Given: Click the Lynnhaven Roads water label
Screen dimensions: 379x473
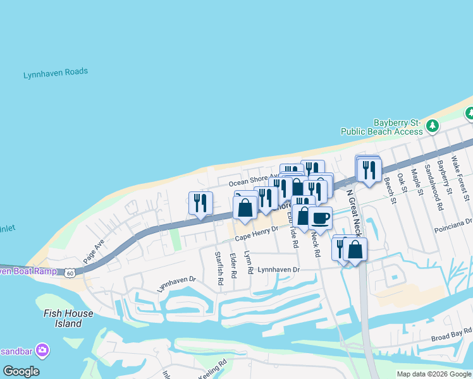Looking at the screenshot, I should pyautogui.click(x=56, y=73).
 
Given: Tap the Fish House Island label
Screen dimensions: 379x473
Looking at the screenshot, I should pyautogui.click(x=68, y=318).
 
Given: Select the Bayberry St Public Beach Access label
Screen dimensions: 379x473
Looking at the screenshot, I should pyautogui.click(x=381, y=126).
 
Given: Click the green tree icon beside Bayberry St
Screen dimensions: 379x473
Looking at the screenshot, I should pyautogui.click(x=433, y=126).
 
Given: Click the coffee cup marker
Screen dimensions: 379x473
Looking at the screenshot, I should pyautogui.click(x=320, y=219).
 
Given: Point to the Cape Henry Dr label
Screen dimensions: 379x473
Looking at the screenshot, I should pyautogui.click(x=256, y=234).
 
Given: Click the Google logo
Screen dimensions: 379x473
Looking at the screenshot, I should pyautogui.click(x=21, y=371).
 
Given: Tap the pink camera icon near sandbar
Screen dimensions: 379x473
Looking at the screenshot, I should pyautogui.click(x=42, y=349).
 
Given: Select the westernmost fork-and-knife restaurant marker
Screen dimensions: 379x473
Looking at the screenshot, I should pyautogui.click(x=200, y=203).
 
